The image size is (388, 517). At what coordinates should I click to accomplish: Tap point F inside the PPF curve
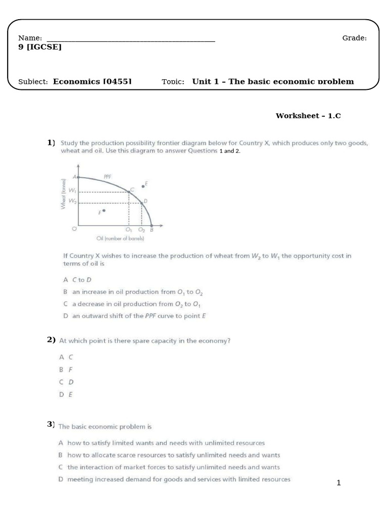[x=104, y=211]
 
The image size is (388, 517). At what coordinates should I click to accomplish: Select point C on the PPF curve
[x=129, y=191]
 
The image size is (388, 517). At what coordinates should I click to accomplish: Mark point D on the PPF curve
[x=141, y=203]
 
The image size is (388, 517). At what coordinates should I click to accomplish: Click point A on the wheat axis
[x=78, y=177]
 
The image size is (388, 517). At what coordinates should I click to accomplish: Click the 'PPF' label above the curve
[x=107, y=177]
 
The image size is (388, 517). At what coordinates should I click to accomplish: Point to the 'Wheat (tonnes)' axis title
[x=63, y=194]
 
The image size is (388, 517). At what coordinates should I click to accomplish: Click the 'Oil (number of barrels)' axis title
[x=120, y=238]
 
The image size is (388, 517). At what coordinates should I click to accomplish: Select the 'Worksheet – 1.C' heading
[x=308, y=116]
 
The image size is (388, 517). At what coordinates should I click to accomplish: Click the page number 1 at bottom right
[x=339, y=483]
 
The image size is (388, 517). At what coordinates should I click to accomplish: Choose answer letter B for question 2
[x=61, y=369]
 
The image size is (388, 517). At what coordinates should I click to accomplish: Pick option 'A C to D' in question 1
[x=75, y=279]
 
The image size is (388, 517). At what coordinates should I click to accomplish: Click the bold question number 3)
[x=51, y=425]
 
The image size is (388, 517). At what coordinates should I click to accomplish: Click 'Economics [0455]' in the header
[x=92, y=81]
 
